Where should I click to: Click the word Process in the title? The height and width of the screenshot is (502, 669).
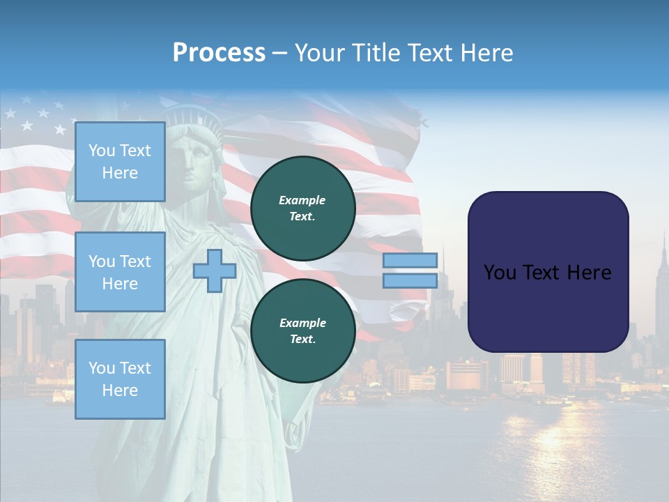click(219, 53)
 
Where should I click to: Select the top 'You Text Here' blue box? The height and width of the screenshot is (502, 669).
click(120, 162)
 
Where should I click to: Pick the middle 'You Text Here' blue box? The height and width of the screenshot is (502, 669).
click(120, 272)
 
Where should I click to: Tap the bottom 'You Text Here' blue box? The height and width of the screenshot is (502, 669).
click(120, 379)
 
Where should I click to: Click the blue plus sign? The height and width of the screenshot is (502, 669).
click(215, 271)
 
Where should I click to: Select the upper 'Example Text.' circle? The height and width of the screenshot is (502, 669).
click(303, 208)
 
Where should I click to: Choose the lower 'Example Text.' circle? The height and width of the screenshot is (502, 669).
click(303, 331)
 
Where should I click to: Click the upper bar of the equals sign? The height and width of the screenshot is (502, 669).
click(410, 260)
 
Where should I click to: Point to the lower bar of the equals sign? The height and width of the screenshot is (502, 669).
click(410, 280)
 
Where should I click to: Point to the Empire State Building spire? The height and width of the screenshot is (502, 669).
click(663, 244)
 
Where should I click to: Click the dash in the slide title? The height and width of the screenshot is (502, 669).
click(280, 53)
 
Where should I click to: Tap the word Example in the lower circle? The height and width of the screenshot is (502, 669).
click(302, 323)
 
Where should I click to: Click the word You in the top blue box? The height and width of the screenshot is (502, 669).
click(102, 151)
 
